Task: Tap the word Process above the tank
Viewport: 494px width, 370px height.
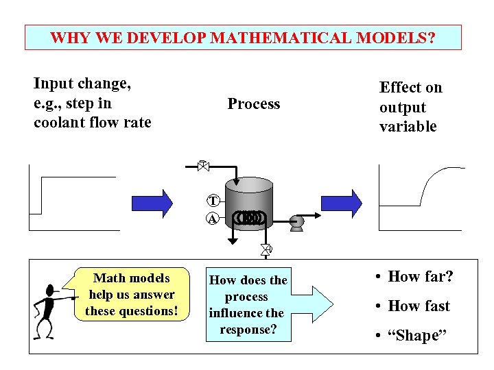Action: [254, 104]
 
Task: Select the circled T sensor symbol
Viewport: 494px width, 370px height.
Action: [213, 201]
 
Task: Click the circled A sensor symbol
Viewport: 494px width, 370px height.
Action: [213, 219]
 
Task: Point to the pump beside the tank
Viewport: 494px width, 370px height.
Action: [297, 221]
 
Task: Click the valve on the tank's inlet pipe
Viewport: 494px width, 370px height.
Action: [202, 165]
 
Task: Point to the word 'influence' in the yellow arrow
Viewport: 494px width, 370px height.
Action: [246, 313]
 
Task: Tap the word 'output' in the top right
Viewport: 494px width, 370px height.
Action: [403, 108]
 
